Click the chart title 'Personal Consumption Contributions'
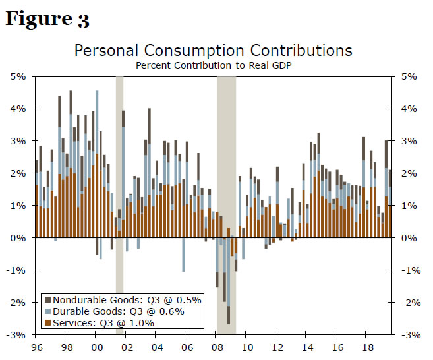(213, 51)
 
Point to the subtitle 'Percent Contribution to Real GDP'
(213, 65)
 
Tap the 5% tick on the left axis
(18, 76)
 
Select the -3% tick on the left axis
(16, 335)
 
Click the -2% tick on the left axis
(16, 303)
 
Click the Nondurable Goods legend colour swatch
(47, 299)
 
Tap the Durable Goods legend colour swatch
(47, 311)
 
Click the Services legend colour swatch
(47, 323)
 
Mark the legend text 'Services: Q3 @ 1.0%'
(103, 323)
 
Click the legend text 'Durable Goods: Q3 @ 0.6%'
(119, 311)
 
